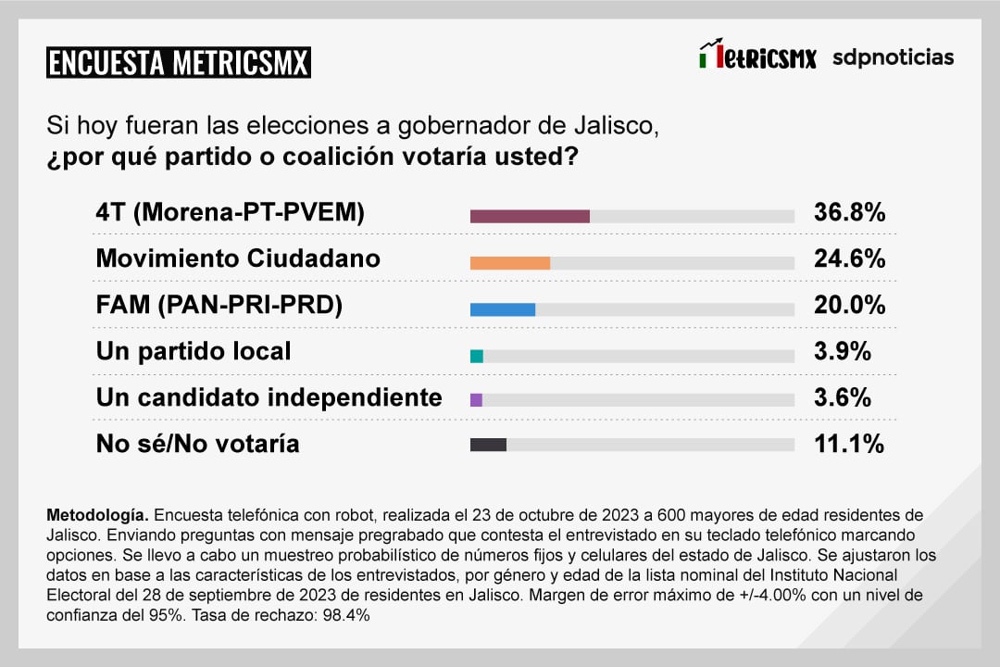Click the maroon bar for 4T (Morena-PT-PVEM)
(x=530, y=216)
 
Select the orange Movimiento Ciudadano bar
(x=510, y=262)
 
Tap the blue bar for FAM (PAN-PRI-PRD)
(x=503, y=308)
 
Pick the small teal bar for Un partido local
(x=477, y=355)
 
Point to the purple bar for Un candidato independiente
(x=476, y=399)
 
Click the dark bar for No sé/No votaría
(x=488, y=445)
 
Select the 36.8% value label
(x=849, y=212)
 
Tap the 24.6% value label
(x=849, y=258)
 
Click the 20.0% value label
(x=849, y=305)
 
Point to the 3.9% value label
(x=843, y=351)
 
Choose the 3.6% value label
(x=843, y=397)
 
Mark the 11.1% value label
(x=848, y=444)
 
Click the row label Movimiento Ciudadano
(x=238, y=258)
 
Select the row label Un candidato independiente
(x=269, y=397)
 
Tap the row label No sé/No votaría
(x=198, y=444)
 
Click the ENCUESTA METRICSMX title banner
(x=178, y=63)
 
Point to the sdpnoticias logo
(x=893, y=57)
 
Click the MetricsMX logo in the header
(x=757, y=57)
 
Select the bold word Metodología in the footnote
(x=96, y=514)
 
